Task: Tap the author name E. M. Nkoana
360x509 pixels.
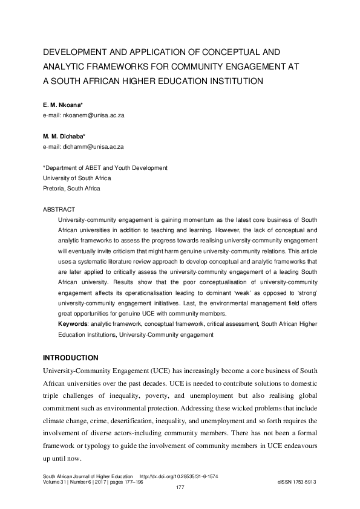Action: coord(65,105)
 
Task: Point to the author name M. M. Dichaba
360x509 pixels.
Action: coord(67,137)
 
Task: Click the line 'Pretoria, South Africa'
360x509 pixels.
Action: coord(72,188)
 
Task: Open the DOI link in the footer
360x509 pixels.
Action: coord(178,476)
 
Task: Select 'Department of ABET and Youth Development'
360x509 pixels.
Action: coord(105,167)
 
